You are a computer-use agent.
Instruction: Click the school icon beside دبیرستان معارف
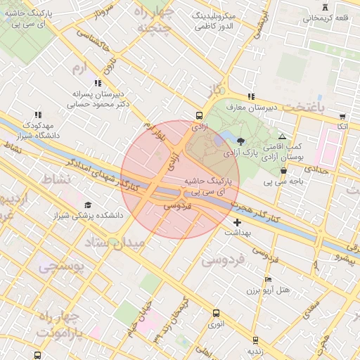coord(250,97)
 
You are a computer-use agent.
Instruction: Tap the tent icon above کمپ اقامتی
coord(282,137)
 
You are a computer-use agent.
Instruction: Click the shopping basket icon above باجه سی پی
coord(283,171)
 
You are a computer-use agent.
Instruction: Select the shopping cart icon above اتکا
coord(342,117)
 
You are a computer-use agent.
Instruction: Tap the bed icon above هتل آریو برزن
coord(267,279)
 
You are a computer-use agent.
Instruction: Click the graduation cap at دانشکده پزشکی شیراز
coord(88,205)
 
